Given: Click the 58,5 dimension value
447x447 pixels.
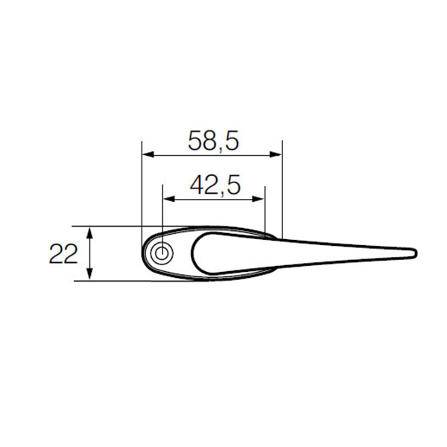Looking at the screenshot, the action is click(213, 141).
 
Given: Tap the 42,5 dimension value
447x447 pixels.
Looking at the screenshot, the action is click(215, 185).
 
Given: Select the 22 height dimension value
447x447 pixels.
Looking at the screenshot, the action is click(63, 254).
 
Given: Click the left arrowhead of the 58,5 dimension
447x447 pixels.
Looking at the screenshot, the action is click(148, 154).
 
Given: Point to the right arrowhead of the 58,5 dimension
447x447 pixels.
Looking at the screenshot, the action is click(276, 154).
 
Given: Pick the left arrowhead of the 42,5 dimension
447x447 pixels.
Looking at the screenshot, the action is click(168, 199).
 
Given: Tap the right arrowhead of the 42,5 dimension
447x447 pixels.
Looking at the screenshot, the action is click(259, 199).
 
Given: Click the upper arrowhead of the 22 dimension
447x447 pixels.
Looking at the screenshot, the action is click(90, 232).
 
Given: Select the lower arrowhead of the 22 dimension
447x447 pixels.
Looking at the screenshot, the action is click(90, 274).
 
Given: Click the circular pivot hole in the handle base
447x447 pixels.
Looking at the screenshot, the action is click(162, 253).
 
